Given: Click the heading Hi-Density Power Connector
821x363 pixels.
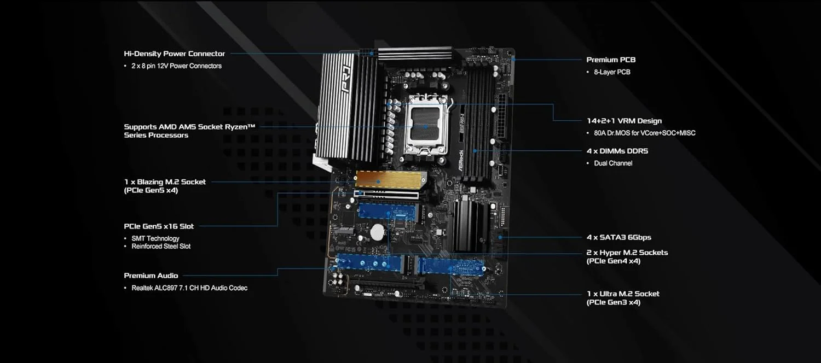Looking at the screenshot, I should [x=174, y=54].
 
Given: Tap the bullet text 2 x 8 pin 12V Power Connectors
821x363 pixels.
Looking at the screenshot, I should [x=176, y=66].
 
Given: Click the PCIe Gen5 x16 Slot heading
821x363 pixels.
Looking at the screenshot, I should [x=159, y=226].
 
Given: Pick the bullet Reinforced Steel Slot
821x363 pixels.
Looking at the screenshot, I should [x=161, y=247].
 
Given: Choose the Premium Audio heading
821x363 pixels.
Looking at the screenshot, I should [x=151, y=276].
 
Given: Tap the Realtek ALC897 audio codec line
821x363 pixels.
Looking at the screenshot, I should [x=189, y=288].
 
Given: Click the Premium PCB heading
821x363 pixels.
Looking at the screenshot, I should [x=611, y=60].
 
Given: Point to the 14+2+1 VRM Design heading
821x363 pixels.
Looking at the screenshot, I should [x=623, y=121].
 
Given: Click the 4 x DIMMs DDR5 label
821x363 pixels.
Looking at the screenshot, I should [x=617, y=151].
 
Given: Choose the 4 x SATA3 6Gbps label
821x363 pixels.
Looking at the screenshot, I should [x=618, y=237].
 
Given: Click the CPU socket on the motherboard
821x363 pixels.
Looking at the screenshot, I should [x=426, y=126].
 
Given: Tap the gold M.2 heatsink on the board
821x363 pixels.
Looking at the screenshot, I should [x=386, y=178].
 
